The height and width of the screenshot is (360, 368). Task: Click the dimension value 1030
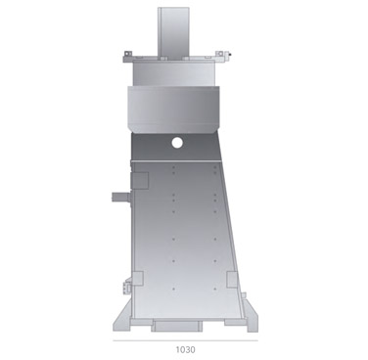(184, 348)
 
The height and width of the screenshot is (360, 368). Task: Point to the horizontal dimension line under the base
(184, 339)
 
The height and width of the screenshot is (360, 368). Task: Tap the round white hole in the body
(177, 143)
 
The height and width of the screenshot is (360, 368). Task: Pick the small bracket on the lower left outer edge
(127, 287)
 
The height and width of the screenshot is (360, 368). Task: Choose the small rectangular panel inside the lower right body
(232, 280)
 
